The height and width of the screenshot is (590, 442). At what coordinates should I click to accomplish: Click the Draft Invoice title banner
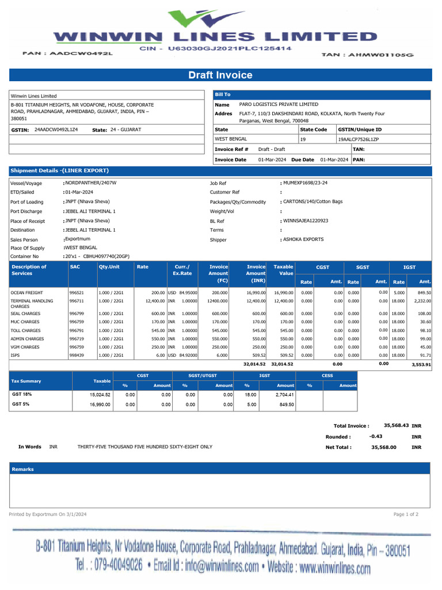point(220,75)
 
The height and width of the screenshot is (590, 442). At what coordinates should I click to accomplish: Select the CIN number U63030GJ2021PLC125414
point(230,50)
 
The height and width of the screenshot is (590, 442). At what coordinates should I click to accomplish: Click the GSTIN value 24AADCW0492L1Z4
point(56,130)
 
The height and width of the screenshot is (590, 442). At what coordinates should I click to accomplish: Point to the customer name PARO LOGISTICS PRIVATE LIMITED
point(279,105)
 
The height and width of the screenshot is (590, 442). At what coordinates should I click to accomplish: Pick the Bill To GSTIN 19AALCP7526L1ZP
point(358,139)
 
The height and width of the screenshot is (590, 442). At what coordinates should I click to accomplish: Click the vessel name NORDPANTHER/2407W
point(91,183)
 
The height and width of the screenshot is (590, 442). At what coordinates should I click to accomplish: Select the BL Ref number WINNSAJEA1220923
point(306,221)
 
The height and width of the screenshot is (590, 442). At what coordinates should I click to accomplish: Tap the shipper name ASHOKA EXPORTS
point(303,239)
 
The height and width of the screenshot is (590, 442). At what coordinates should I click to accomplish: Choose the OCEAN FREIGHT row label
point(26,293)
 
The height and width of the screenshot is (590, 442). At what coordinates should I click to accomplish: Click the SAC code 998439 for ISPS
point(77,356)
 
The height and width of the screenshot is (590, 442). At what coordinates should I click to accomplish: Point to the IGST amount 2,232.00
point(422,301)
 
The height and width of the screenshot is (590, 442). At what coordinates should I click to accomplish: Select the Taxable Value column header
point(283,270)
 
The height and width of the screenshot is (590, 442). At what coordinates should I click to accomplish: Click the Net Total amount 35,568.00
point(383,447)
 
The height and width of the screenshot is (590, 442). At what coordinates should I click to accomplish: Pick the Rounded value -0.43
point(376,437)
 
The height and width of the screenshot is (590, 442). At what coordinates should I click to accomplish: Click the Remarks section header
point(23,470)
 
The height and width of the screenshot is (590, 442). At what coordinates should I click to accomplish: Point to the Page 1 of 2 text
point(406,514)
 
